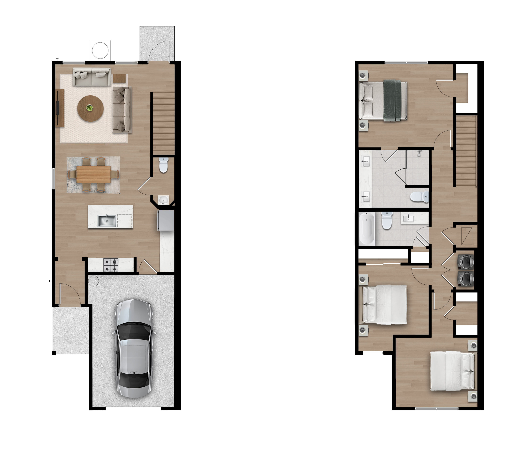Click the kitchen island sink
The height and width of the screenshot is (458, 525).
tap(107, 221)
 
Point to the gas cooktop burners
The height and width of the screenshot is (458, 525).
tap(111, 265)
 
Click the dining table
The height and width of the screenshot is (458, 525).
tap(93, 174)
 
